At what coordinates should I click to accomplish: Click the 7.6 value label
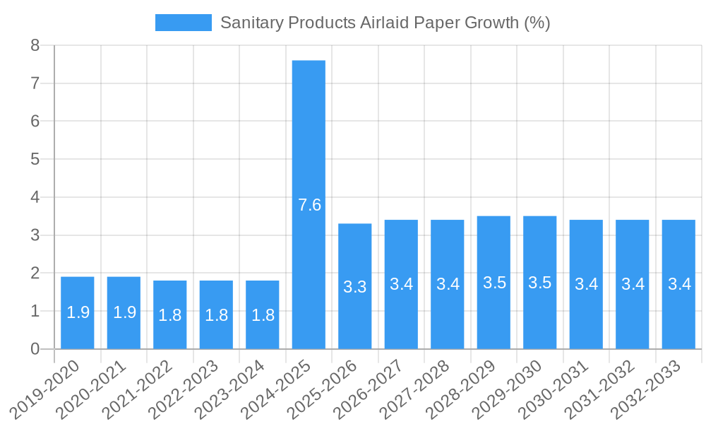tap(309, 205)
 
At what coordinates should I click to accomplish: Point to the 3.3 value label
tap(354, 287)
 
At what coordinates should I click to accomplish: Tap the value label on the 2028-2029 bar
tap(494, 283)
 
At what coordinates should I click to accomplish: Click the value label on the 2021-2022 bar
tap(170, 315)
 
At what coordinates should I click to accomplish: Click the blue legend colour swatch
tap(183, 23)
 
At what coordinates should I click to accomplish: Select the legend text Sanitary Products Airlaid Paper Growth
tap(385, 23)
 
